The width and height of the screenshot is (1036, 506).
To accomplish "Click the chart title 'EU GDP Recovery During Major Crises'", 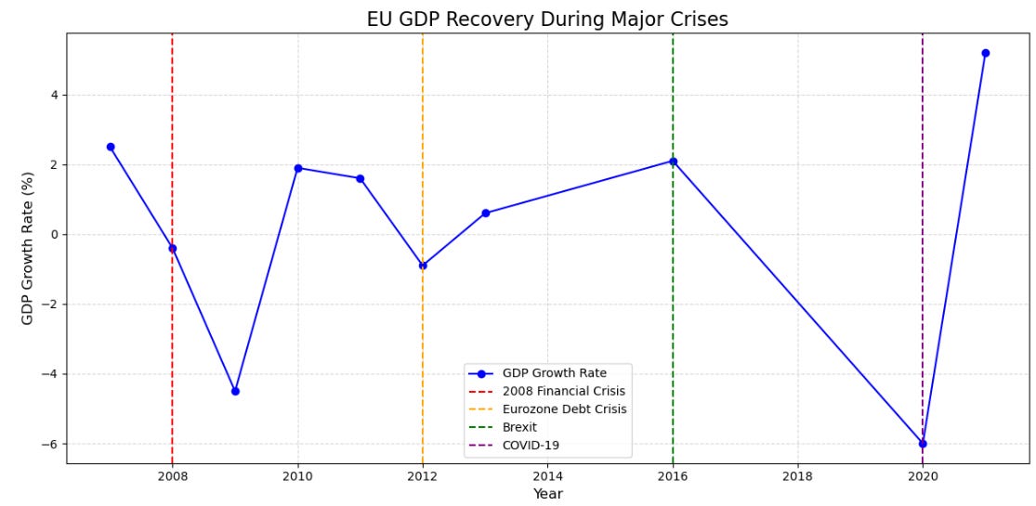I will point(547,19).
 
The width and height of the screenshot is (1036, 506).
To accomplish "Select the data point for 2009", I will point(235,391).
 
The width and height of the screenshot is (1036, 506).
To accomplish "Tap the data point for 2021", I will point(985,53).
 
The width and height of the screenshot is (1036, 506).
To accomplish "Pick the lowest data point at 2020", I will point(923,444).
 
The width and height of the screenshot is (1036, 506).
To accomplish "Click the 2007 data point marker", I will point(111,147).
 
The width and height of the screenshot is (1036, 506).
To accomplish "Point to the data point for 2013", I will point(485,213).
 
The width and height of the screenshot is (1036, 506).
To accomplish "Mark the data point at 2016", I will point(673,162).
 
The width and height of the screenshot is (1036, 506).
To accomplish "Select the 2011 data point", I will point(360,178).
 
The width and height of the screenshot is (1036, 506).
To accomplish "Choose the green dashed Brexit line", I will point(673,297).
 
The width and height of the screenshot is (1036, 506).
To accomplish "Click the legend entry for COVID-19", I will point(531,446).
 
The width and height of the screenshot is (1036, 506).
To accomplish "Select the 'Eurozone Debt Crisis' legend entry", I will point(564,409).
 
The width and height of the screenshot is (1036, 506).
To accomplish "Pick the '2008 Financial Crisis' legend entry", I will point(563,392).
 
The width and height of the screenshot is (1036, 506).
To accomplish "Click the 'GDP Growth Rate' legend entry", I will point(554,373).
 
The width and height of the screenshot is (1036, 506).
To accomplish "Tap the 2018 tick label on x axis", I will point(797,477).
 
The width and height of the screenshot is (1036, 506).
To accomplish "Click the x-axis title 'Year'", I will point(547,495).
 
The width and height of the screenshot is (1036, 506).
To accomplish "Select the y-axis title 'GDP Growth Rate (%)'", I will point(28,248).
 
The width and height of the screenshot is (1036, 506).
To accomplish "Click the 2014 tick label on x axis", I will point(547,477).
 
